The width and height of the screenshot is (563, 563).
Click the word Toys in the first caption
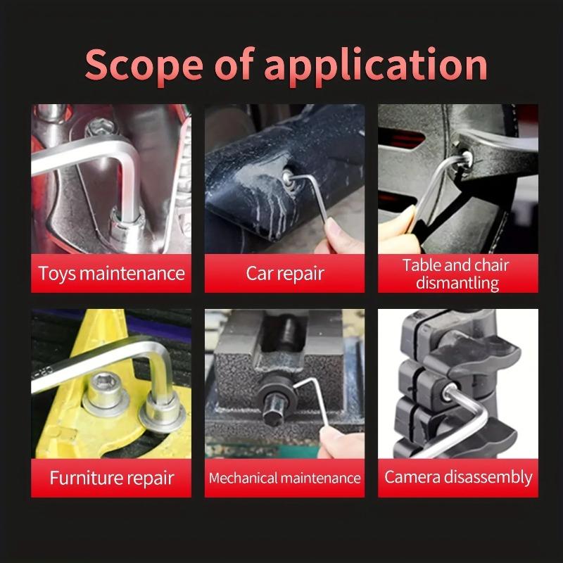tap(56, 273)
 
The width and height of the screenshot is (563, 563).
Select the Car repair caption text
tap(284, 273)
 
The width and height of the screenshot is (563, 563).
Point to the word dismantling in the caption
tap(457, 283)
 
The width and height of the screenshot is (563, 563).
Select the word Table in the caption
tap(423, 265)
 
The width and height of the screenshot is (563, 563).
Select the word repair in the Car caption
tap(301, 274)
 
